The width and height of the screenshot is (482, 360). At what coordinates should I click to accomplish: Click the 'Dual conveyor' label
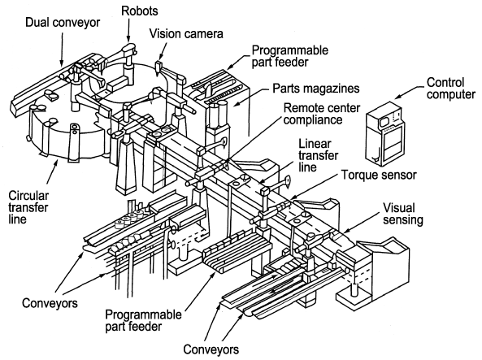pyautogui.click(x=63, y=23)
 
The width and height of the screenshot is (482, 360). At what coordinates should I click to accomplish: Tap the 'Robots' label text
pyautogui.click(x=140, y=11)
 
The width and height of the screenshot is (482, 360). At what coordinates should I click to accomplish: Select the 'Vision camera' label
pyautogui.click(x=186, y=33)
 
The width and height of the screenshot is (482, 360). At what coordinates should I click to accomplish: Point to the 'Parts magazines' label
pyautogui.click(x=316, y=89)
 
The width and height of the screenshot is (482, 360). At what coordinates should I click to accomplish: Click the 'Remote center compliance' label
pyautogui.click(x=322, y=114)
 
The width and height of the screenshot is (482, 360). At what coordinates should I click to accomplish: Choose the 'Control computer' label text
pyautogui.click(x=451, y=89)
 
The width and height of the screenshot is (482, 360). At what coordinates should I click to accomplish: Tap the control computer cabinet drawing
pyautogui.click(x=384, y=134)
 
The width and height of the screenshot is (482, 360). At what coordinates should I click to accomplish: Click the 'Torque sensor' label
pyautogui.click(x=379, y=175)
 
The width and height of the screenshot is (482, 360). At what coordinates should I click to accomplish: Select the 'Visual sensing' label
pyautogui.click(x=403, y=214)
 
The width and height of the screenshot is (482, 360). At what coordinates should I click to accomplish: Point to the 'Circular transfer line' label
pyautogui.click(x=28, y=207)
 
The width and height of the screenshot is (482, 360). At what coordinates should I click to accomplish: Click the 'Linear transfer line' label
pyautogui.click(x=318, y=155)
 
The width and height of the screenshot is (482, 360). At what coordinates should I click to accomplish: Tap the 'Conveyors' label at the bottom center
pyautogui.click(x=211, y=349)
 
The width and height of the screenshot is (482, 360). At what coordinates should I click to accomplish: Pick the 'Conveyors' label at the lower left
pyautogui.click(x=50, y=303)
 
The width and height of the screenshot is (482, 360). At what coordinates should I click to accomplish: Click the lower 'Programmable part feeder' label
pyautogui.click(x=143, y=320)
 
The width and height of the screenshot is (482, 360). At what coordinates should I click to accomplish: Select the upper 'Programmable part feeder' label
pyautogui.click(x=290, y=56)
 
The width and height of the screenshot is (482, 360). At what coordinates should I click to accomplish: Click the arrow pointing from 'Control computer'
pyautogui.click(x=410, y=92)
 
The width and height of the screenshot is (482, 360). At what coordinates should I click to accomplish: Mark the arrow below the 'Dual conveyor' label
pyautogui.click(x=62, y=50)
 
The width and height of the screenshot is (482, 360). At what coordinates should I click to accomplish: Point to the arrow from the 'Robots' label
pyautogui.click(x=129, y=29)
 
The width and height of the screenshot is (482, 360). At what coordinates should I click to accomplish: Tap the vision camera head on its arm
pyautogui.click(x=158, y=67)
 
